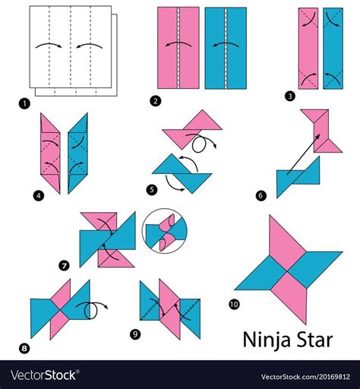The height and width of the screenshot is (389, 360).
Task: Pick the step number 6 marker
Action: click(262, 195)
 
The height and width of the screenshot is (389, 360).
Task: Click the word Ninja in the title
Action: click(264, 337)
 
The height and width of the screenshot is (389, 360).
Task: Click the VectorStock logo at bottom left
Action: click(46, 375)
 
